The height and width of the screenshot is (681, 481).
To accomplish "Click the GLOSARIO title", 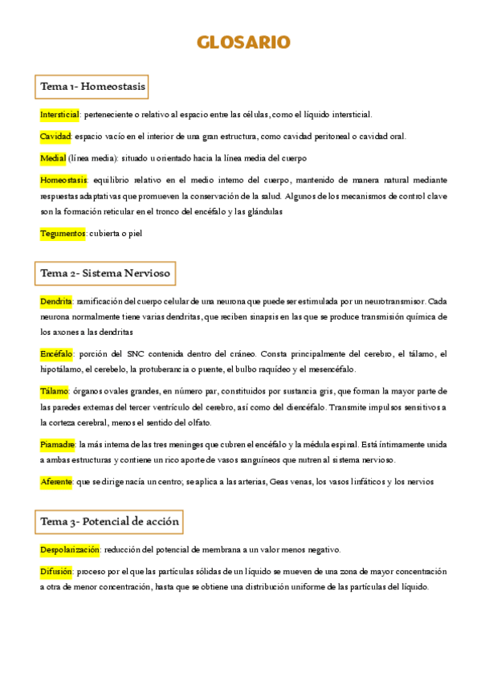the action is (x=244, y=42).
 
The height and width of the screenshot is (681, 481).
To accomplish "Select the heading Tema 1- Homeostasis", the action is (x=93, y=85).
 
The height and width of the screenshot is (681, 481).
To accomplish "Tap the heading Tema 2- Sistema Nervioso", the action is (x=105, y=273).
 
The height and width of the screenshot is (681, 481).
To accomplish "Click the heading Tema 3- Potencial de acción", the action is (x=110, y=522).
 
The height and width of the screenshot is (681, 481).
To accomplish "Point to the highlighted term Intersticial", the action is (x=59, y=114).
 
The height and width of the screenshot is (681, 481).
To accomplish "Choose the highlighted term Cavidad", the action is (x=55, y=136).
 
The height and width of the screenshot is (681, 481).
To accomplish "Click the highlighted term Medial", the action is (x=52, y=158).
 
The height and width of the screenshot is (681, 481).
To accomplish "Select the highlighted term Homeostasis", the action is (x=64, y=180).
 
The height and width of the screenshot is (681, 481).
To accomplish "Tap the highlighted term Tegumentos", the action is (x=63, y=234).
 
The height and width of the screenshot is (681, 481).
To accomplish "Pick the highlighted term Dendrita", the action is (x=56, y=302).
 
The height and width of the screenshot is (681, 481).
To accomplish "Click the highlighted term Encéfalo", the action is (x=56, y=353).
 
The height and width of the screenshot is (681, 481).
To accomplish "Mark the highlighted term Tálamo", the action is (x=54, y=392).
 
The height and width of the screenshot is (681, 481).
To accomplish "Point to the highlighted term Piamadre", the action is (x=58, y=443).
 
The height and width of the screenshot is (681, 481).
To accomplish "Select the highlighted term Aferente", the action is (x=55, y=482).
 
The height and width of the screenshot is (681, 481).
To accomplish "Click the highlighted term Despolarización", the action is (x=70, y=550).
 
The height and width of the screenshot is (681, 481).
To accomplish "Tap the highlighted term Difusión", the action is (x=56, y=572).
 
